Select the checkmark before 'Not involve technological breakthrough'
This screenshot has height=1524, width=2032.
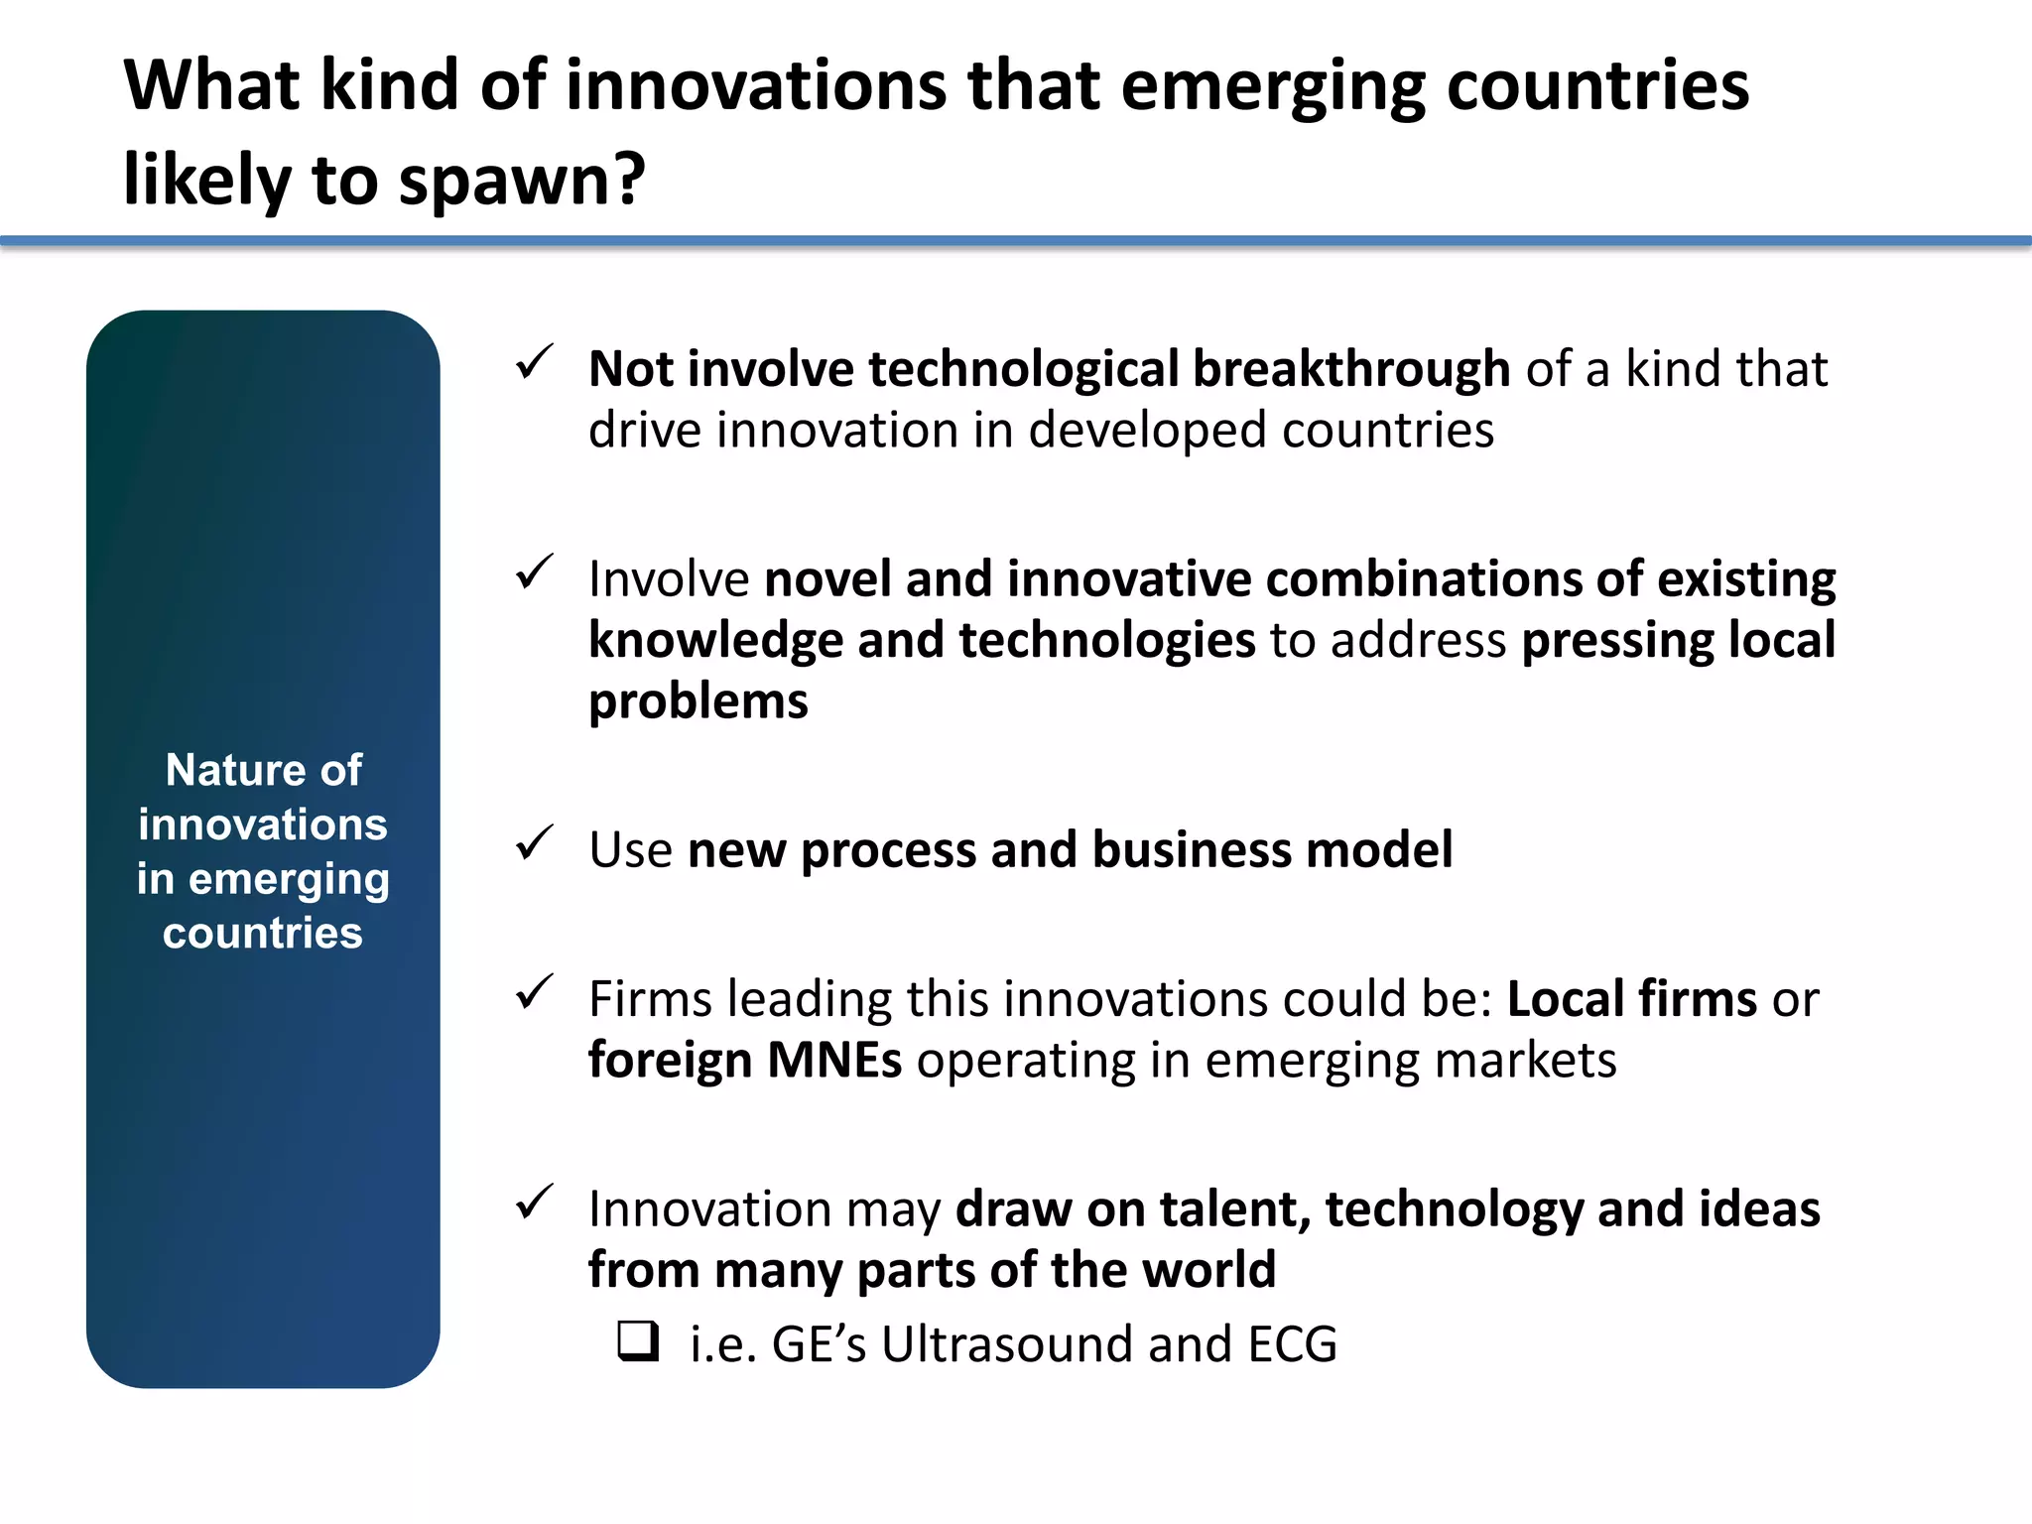(534, 362)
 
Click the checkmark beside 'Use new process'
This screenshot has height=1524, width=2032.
(534, 843)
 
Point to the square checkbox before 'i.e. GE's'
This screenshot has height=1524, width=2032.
(637, 1341)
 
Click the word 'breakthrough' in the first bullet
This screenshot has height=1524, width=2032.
(1350, 369)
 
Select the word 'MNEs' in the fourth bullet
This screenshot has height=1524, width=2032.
(834, 1060)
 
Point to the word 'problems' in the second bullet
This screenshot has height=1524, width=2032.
(698, 702)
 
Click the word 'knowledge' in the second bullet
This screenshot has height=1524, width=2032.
(715, 640)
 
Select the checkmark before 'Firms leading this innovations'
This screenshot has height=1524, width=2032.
(534, 992)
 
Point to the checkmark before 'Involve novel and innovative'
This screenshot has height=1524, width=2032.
(534, 572)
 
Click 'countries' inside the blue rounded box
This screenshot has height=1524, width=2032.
(263, 934)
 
